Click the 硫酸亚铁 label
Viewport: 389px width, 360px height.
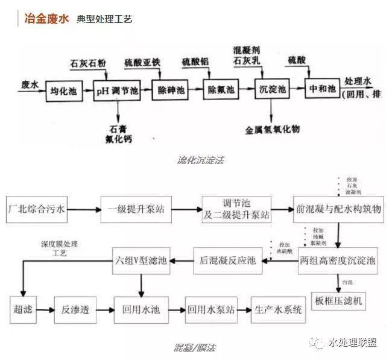click(x=142, y=62)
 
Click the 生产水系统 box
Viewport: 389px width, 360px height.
click(x=276, y=309)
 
